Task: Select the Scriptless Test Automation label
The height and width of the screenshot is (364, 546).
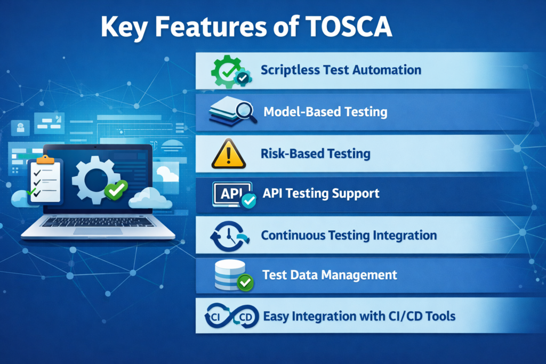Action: tap(341, 70)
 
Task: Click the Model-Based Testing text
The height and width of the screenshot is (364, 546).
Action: tap(325, 112)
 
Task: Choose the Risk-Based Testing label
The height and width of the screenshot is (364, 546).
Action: tap(315, 153)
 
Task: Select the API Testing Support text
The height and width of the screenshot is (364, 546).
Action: tap(322, 193)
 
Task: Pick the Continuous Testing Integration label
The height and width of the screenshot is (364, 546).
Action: tap(349, 235)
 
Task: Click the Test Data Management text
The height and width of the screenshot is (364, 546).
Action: tap(330, 275)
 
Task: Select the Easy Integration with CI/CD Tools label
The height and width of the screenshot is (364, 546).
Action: tap(359, 316)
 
